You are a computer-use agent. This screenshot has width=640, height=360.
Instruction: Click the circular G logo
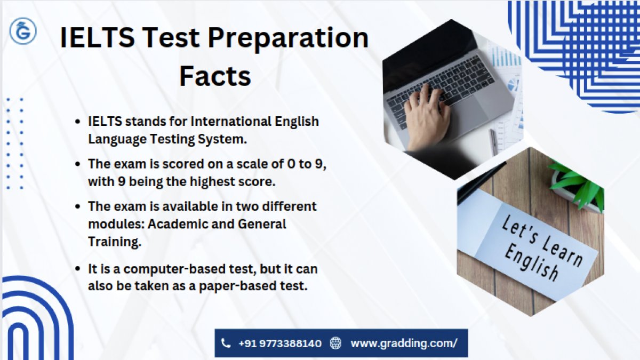click(23, 31)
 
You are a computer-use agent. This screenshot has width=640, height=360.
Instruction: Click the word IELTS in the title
click(97, 37)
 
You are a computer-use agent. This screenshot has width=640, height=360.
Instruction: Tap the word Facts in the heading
click(215, 76)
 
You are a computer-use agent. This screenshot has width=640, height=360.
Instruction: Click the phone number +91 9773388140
click(280, 343)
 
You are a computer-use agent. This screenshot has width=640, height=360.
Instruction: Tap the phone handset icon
click(226, 343)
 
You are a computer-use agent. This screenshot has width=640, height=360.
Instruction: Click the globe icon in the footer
click(335, 343)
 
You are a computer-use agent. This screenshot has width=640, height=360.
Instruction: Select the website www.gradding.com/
click(404, 343)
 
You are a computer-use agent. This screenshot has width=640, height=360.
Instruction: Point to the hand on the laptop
click(427, 117)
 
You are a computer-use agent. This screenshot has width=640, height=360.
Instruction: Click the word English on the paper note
click(531, 262)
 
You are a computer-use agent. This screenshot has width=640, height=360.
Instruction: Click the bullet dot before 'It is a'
click(77, 269)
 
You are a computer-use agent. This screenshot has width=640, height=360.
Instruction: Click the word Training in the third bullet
click(115, 242)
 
